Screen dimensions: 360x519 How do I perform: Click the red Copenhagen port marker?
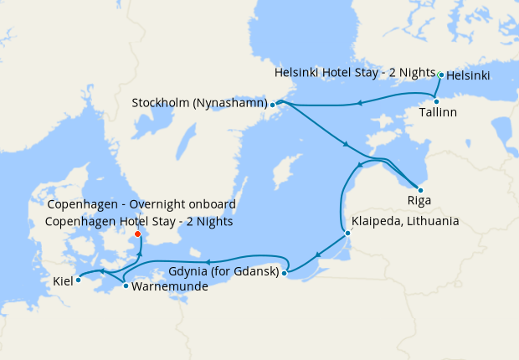[138, 234]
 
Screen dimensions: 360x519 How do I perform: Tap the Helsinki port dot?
[441, 75]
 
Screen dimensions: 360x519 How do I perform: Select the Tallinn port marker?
[436, 101]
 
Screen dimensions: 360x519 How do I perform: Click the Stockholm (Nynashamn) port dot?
[273, 105]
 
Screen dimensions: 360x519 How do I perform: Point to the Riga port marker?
[420, 190]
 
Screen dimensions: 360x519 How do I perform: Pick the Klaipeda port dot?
[347, 233]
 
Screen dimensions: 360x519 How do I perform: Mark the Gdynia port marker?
[285, 272]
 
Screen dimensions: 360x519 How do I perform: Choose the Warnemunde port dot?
[126, 286]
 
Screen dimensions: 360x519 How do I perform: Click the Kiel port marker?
[78, 280]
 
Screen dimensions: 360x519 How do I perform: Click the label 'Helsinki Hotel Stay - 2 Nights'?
[355, 74]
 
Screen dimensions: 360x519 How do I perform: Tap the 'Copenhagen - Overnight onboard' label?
[141, 204]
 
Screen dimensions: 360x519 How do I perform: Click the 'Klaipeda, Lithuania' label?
[406, 222]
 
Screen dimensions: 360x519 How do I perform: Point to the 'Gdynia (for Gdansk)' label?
[224, 272]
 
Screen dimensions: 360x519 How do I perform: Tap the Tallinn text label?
[439, 113]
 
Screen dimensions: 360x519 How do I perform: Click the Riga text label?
[419, 202]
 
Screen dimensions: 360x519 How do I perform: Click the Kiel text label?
[62, 280]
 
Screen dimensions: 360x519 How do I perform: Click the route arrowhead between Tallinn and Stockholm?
[358, 104]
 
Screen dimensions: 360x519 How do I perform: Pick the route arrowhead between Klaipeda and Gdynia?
[316, 255]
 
